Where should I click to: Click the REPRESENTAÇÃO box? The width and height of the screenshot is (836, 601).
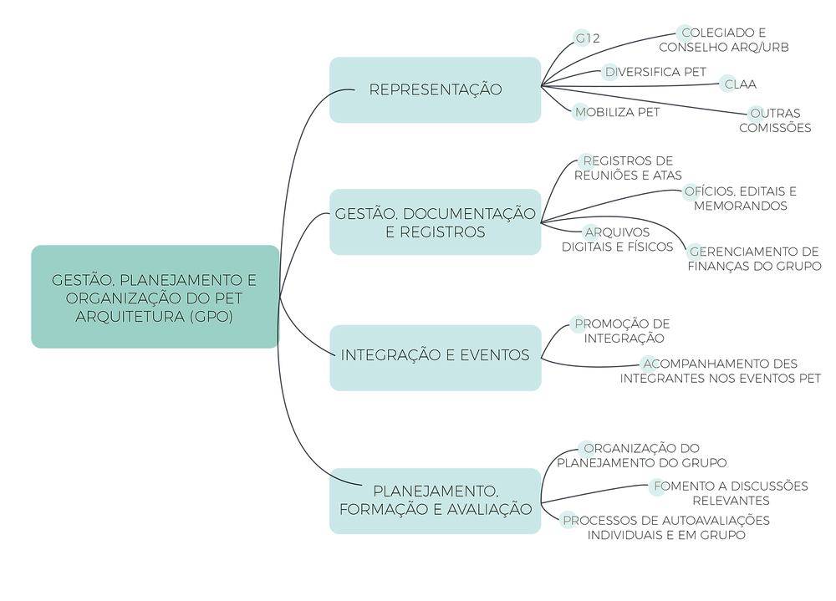pos(435,89)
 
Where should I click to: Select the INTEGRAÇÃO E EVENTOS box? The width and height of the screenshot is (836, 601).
pos(435,356)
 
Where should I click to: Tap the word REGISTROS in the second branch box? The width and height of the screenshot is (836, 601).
pos(447,232)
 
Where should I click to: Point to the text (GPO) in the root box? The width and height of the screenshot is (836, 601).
pos(211,317)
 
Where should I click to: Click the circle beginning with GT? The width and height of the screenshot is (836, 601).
pos(583,38)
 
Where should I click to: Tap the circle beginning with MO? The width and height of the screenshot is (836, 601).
pos(583,112)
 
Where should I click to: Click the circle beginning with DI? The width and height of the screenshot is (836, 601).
pos(610,73)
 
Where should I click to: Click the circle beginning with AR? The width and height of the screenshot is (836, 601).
pos(591,232)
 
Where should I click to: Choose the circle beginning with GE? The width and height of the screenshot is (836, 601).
pos(696,252)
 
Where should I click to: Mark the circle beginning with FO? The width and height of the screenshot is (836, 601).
pos(657,487)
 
